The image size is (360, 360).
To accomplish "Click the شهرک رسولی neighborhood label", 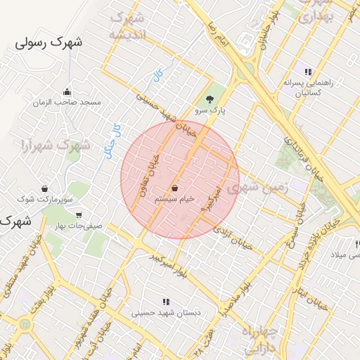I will tap(49, 43).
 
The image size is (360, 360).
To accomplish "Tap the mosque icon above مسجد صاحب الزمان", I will tap(67, 91).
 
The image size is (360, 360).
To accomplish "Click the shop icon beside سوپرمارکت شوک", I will tap(46, 188).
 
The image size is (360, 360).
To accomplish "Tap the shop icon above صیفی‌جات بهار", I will tap(78, 215).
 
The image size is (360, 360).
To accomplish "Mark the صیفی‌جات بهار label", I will tap(78, 226).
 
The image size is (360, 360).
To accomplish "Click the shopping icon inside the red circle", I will tap(174, 188).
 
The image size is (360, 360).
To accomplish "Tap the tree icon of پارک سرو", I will tap(210, 99).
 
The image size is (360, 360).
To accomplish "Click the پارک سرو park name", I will tap(210, 111).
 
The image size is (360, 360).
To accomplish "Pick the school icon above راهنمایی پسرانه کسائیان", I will tap(307, 71).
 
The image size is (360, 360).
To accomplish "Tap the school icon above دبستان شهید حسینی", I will tap(166, 302).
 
